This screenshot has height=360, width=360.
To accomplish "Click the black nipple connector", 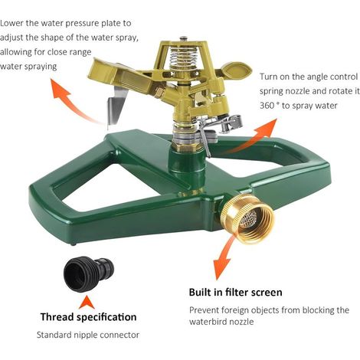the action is tap(88, 274).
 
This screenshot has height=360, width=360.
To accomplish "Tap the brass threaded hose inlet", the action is tap(247, 219).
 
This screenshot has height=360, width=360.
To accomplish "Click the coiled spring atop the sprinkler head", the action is tap(183, 57).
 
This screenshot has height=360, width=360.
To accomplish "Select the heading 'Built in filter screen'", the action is tap(235, 292).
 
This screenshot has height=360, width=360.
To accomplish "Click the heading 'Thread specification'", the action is tap(88, 317).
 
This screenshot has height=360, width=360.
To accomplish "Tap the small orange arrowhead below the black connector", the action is tap(87, 302).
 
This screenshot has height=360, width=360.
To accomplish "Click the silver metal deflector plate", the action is tap(116, 107).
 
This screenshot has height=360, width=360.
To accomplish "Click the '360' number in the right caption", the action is tap(267, 106).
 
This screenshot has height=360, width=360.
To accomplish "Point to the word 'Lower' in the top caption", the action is tap(11, 23).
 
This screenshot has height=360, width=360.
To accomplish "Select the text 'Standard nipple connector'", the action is tap(88, 335).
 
